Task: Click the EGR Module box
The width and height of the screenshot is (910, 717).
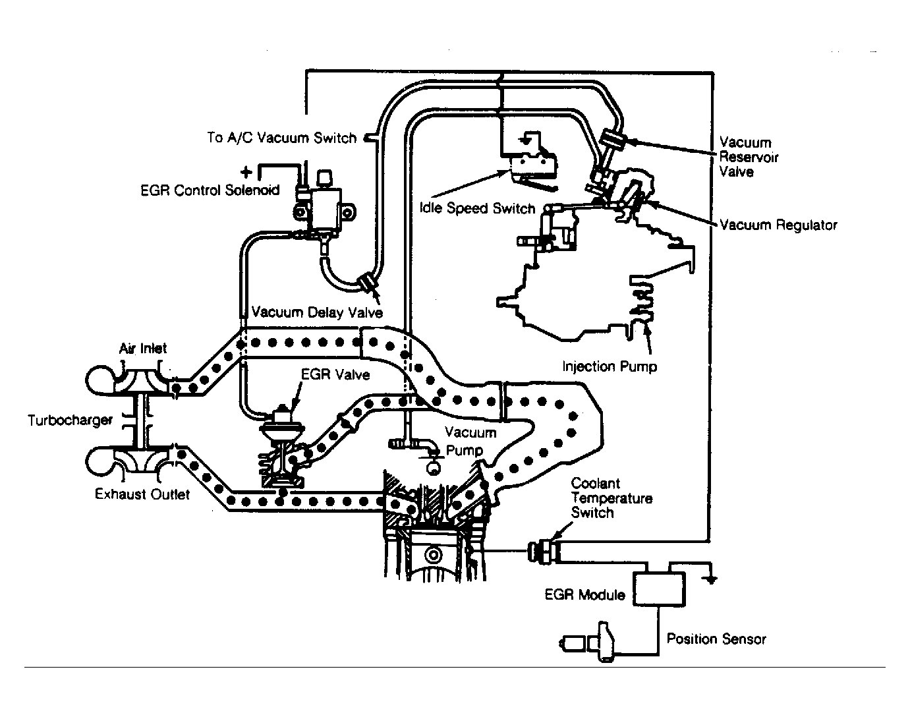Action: (x=659, y=589)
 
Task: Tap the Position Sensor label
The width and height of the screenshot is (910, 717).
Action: (x=716, y=639)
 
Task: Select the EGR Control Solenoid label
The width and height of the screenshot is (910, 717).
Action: (x=210, y=190)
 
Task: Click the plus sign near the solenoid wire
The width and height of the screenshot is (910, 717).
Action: (x=246, y=172)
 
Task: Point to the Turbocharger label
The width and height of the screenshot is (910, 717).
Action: (x=71, y=420)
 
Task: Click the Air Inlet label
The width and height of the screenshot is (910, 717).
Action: (x=143, y=349)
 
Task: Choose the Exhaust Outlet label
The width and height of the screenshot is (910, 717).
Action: (x=142, y=494)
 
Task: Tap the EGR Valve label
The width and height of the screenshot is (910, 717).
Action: (x=335, y=375)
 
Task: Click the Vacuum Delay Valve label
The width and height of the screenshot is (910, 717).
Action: (x=317, y=312)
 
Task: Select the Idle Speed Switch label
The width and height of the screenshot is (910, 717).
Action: (x=478, y=208)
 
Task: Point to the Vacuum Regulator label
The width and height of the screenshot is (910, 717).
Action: (x=778, y=225)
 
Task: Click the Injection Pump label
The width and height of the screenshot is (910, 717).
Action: (x=610, y=366)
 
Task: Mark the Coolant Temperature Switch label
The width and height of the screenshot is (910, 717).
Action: (x=611, y=498)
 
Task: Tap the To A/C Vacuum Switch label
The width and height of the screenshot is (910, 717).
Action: (x=281, y=138)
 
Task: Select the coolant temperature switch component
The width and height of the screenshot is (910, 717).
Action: (x=544, y=551)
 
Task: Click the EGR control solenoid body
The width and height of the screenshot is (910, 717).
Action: (x=325, y=210)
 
